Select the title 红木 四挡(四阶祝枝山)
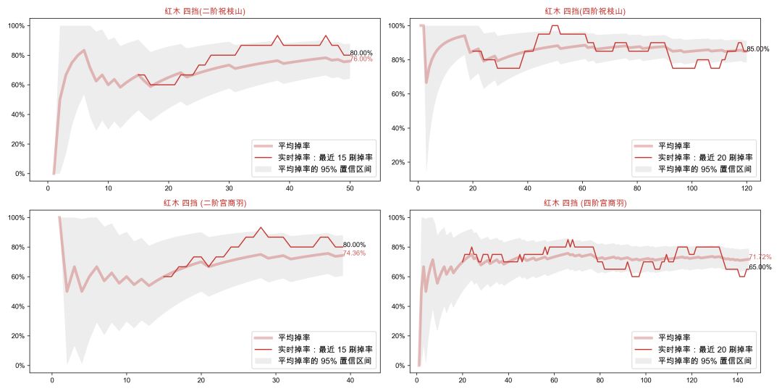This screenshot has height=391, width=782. [585, 11]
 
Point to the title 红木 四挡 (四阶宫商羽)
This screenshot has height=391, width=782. [585, 203]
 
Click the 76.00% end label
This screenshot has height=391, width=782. [361, 59]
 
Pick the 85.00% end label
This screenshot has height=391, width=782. [757, 49]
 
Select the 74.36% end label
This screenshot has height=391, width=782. [354, 253]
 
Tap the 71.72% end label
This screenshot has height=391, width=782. [760, 257]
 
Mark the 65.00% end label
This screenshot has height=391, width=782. [760, 267]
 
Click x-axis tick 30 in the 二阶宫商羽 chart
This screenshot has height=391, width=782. [276, 379]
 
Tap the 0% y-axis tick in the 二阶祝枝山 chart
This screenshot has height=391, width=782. [20, 174]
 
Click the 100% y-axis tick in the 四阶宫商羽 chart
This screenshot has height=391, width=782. [397, 217]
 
